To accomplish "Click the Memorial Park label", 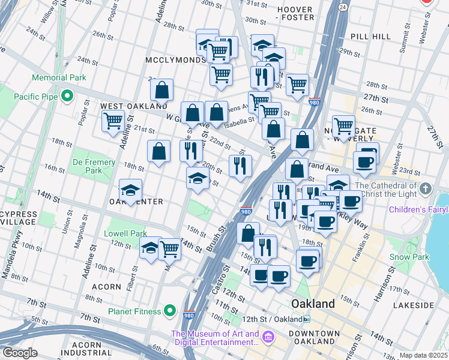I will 59,77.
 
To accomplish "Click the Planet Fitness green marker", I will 170,311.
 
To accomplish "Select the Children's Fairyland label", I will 418,209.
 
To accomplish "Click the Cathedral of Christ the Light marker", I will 426,189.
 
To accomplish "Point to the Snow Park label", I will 409,257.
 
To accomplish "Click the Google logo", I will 20,353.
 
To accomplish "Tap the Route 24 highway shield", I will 342,7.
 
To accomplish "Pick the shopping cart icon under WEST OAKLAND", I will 113,121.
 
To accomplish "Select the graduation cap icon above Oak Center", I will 130,190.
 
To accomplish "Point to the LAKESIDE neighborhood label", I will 414,305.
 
